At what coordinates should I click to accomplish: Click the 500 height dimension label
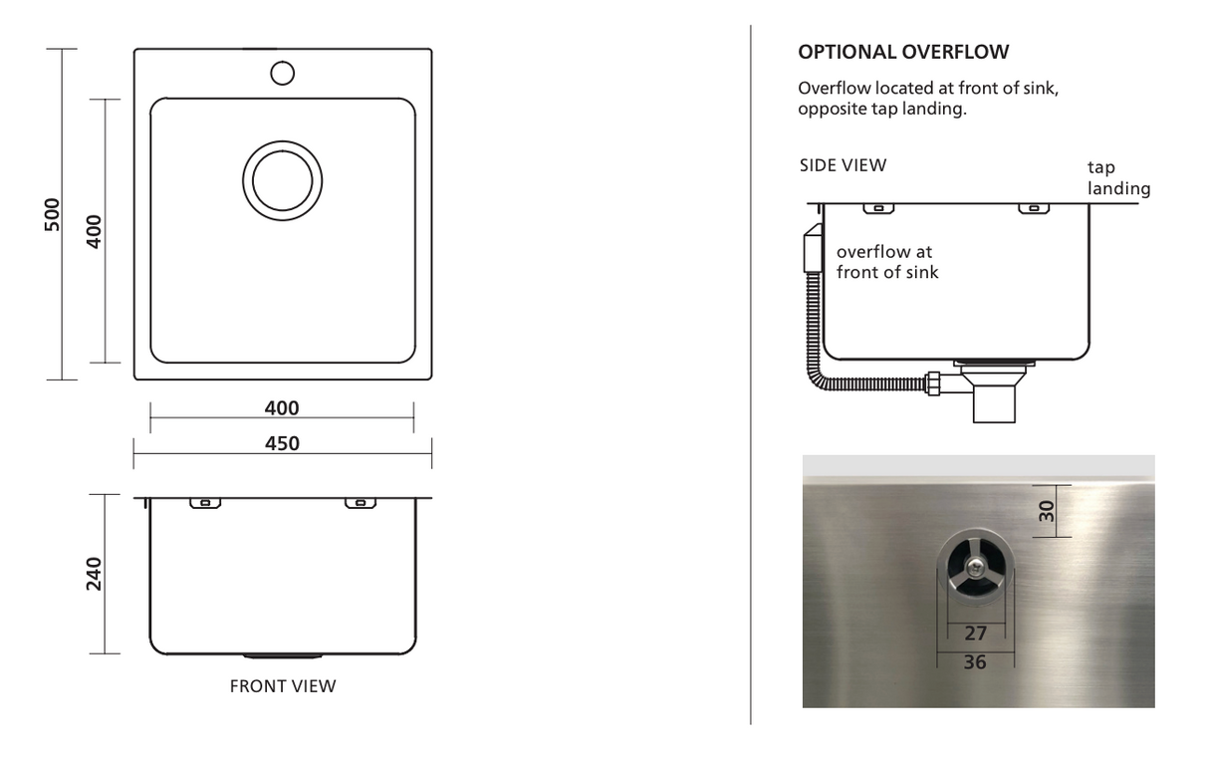click(53, 215)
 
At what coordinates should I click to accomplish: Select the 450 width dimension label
click(282, 443)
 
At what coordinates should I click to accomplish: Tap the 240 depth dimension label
click(94, 574)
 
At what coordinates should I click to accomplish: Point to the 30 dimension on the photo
click(1047, 511)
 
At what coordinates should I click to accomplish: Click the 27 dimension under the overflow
click(975, 634)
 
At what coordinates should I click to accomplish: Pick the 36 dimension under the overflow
click(975, 662)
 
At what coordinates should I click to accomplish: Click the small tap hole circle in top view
click(282, 74)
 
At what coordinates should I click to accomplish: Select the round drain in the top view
click(282, 181)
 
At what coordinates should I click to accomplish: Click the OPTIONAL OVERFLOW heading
click(903, 52)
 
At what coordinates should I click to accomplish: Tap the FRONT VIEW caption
click(283, 686)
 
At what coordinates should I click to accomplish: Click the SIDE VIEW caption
click(844, 165)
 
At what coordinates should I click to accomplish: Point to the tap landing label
click(1118, 177)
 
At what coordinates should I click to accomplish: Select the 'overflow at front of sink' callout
click(887, 262)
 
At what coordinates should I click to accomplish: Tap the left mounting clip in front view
click(205, 503)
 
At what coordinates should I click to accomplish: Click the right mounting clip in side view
click(1034, 208)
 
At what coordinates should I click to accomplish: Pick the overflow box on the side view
click(813, 248)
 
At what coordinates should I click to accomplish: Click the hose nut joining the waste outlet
click(933, 383)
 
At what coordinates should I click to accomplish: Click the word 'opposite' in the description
click(833, 110)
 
